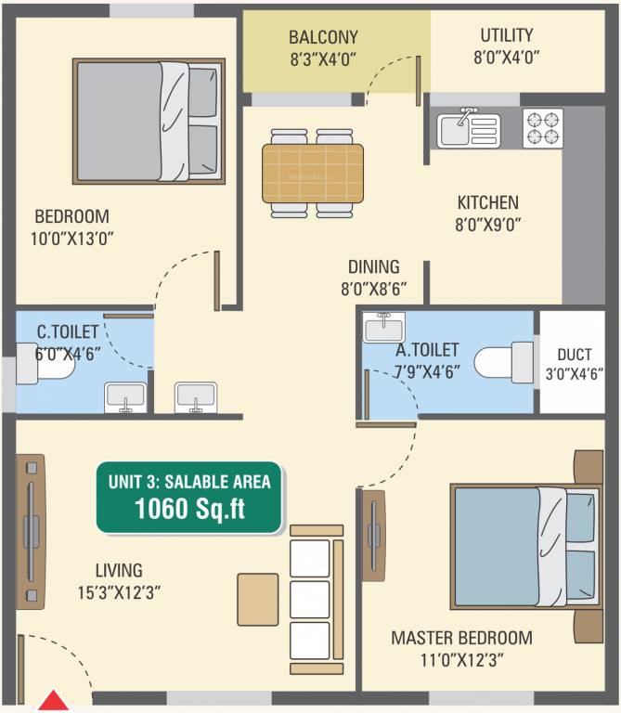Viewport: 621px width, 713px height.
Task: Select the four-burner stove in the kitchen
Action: [542, 129]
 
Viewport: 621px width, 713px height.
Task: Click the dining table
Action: [312, 174]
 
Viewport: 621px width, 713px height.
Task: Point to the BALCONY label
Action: [323, 38]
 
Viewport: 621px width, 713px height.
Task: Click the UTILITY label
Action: [506, 36]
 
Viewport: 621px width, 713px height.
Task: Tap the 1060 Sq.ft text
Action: [190, 509]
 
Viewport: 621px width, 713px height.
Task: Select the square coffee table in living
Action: [257, 599]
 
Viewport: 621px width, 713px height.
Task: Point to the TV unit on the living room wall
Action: [30, 531]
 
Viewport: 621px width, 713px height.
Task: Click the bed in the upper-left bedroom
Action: [150, 121]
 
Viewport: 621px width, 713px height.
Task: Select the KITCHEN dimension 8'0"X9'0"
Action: [487, 223]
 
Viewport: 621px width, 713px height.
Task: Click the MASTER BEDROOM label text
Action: [461, 638]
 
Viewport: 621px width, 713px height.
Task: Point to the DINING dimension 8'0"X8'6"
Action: [373, 288]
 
